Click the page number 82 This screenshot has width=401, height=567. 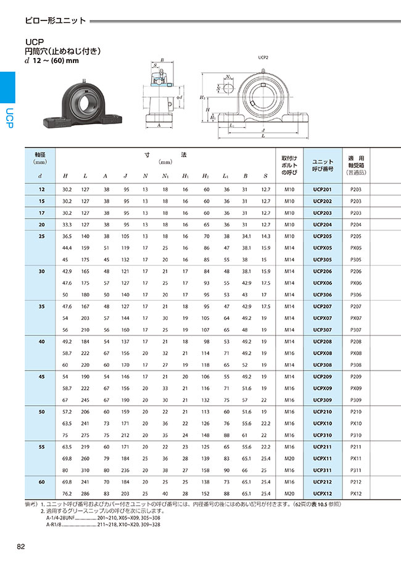21,547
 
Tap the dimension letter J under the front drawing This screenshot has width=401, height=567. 263,130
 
